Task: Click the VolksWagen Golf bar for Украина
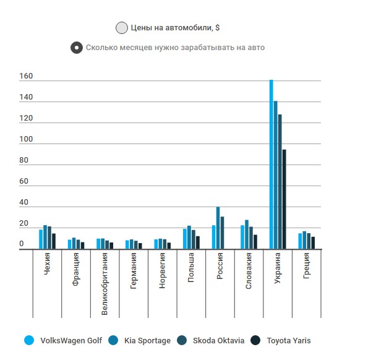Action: pos(271,165)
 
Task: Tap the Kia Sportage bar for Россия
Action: pos(218,228)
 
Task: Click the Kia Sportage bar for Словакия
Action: pos(247,234)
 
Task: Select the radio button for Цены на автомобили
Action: pos(121,28)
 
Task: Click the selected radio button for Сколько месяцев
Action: pos(77,48)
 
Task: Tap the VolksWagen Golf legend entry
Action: pos(62,340)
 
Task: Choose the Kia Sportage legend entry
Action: pos(140,340)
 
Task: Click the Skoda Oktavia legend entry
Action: pos(210,340)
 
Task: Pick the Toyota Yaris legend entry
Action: pos(282,340)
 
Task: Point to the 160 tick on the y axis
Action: pos(25,77)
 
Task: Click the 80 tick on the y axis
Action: pos(24,161)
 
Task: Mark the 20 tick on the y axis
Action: pos(24,223)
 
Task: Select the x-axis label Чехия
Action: pos(48,263)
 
